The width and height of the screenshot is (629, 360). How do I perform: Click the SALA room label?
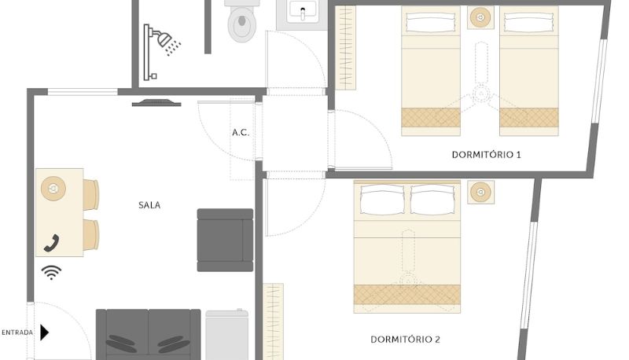[149, 205]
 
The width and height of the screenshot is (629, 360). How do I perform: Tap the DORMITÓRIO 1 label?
[486, 155]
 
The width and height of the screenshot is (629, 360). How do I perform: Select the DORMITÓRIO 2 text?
[405, 340]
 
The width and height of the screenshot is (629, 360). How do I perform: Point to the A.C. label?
[241, 132]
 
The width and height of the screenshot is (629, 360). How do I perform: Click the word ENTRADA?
[17, 332]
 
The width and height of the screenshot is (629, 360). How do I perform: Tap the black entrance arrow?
[44, 332]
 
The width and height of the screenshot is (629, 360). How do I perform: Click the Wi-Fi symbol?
[51, 272]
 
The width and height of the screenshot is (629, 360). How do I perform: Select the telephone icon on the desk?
[51, 243]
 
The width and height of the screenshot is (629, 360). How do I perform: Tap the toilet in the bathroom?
[241, 20]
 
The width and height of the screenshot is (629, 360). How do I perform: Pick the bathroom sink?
[302, 13]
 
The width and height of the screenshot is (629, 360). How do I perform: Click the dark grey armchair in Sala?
[225, 240]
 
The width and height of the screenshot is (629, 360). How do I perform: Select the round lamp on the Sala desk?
[53, 188]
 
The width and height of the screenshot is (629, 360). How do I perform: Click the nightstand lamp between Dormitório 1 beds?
[480, 17]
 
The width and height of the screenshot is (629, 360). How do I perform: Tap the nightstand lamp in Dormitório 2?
[480, 192]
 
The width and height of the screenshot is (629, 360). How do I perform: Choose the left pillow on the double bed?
[383, 200]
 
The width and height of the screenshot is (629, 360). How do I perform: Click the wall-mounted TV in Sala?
[156, 103]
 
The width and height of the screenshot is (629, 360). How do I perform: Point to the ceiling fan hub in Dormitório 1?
[481, 94]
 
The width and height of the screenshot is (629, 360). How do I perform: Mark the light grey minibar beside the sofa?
[226, 335]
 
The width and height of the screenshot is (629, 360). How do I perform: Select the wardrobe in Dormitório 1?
[345, 47]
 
